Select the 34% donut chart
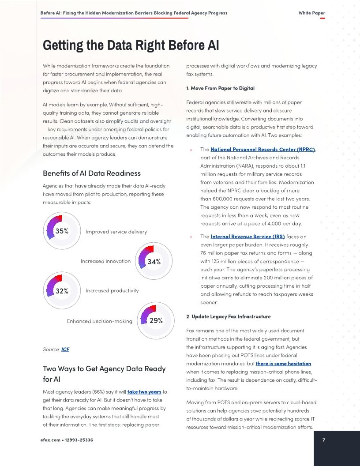[x=153, y=261]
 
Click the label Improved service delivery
[x=116, y=232]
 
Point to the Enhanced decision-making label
[x=99, y=321]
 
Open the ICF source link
[x=65, y=349]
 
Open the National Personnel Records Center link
[x=262, y=150]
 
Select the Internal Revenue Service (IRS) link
[x=247, y=237]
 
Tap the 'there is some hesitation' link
[x=283, y=364]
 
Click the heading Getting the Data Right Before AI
[x=131, y=46]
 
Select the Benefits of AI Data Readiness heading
[x=92, y=173]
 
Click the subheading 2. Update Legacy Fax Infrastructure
[x=229, y=317]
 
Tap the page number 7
[x=324, y=440]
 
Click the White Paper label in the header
[x=311, y=13]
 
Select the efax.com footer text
[x=66, y=440]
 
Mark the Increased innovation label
[x=105, y=261]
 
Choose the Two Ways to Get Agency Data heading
[x=104, y=373]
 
